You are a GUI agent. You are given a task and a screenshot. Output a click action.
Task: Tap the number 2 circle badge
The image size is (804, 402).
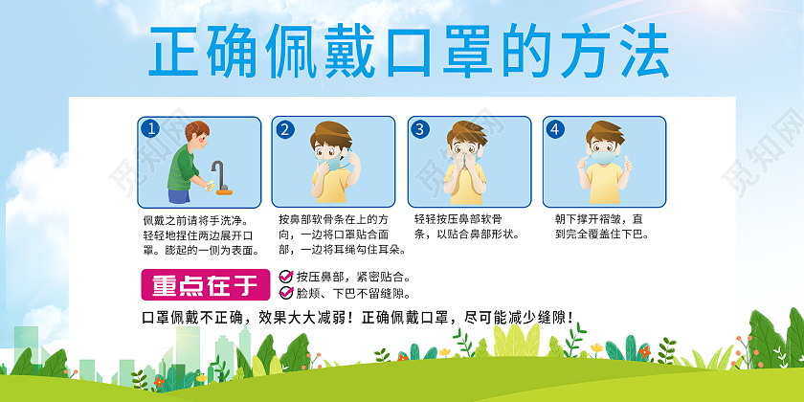tap(284, 130)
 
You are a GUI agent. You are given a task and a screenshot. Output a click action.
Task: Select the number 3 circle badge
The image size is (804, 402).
tap(420, 130)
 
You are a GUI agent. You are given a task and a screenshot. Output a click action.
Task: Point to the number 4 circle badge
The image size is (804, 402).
tap(554, 130)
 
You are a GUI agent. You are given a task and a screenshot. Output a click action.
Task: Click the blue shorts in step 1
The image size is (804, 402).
tap(180, 196)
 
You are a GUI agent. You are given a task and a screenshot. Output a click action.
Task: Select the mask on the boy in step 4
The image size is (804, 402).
tap(605, 156)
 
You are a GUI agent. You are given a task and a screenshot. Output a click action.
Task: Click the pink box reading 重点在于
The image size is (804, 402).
tap(206, 284)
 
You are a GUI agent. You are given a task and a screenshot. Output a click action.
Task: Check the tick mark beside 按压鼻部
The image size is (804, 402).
tap(285, 277)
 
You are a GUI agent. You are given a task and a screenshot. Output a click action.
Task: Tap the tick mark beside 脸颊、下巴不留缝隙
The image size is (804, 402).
tap(285, 293)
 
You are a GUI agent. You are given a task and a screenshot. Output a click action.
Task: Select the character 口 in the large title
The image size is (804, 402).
tap(409, 52)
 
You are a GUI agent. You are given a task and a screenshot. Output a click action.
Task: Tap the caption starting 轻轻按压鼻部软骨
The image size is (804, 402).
tap(467, 227)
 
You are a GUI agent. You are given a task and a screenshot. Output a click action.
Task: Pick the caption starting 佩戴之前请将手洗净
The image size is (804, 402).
tap(201, 235)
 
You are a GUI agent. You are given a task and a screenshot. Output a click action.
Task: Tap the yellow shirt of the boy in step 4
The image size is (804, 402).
tap(605, 184)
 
